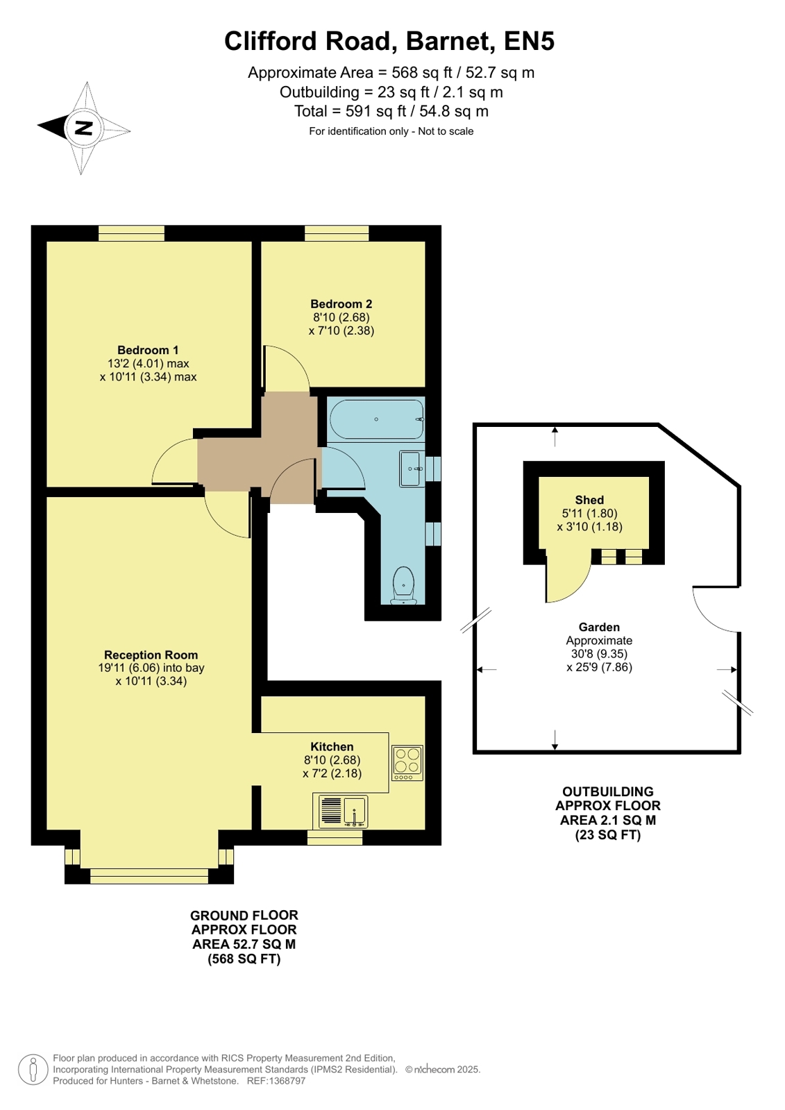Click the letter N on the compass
click(x=84, y=128)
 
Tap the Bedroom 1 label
click(x=148, y=350)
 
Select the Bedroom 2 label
click(x=341, y=304)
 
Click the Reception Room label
click(x=151, y=655)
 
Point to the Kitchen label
click(x=332, y=746)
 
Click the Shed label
click(x=589, y=500)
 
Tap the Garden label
click(x=599, y=627)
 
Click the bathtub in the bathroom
click(x=377, y=419)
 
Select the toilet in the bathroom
click(x=403, y=586)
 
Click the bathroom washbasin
click(x=412, y=469)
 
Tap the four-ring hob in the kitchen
click(x=407, y=763)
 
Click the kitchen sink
click(x=343, y=812)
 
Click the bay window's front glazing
click(x=149, y=876)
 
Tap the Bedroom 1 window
click(x=131, y=233)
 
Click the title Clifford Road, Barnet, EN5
click(x=389, y=41)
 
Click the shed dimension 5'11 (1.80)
click(x=589, y=513)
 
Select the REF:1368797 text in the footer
click(x=276, y=1081)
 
